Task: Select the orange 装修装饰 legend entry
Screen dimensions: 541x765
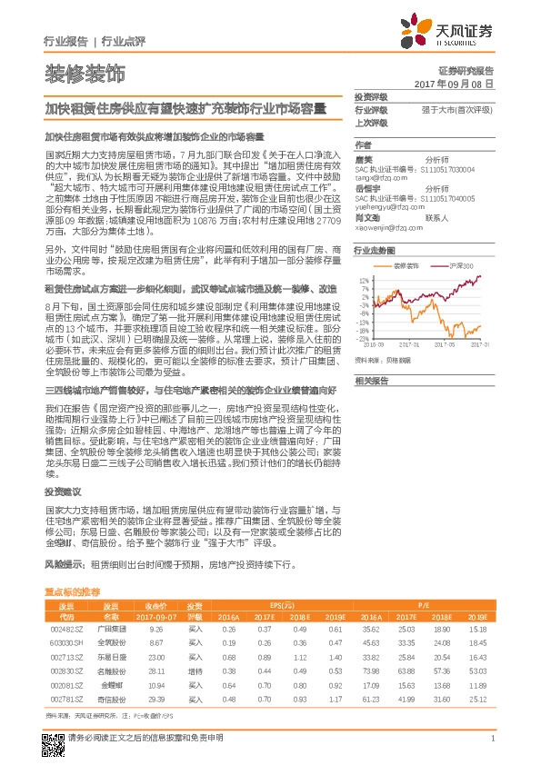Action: pyautogui.click(x=406, y=266)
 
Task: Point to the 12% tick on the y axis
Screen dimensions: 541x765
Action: pyautogui.click(x=364, y=281)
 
